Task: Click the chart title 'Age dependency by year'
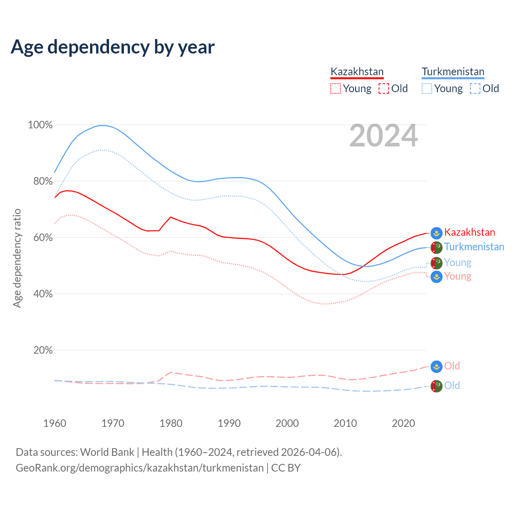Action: pyautogui.click(x=113, y=47)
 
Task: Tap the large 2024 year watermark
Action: pyautogui.click(x=383, y=136)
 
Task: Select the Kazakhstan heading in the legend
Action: pyautogui.click(x=357, y=72)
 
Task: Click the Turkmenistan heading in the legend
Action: pyautogui.click(x=453, y=72)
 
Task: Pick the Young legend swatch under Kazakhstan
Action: pyautogui.click(x=335, y=89)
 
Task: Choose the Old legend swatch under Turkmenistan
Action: pyautogui.click(x=475, y=89)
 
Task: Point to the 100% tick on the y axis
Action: pyautogui.click(x=40, y=125)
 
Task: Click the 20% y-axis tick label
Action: pyautogui.click(x=43, y=350)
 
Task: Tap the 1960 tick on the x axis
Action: pyautogui.click(x=55, y=423)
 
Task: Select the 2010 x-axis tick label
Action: pyautogui.click(x=345, y=423)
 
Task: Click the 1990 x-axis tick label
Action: pyautogui.click(x=229, y=423)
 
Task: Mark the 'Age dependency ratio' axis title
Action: pyautogui.click(x=17, y=258)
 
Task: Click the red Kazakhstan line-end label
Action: pyautogui.click(x=470, y=233)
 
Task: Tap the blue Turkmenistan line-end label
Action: pyautogui.click(x=474, y=247)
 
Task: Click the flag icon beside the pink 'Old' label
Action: pyautogui.click(x=437, y=367)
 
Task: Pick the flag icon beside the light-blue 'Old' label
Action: pyautogui.click(x=437, y=386)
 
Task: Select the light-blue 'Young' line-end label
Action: pyautogui.click(x=457, y=263)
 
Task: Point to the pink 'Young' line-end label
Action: pyautogui.click(x=457, y=276)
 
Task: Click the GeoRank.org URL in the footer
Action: pyautogui.click(x=140, y=468)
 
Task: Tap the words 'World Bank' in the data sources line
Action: pyautogui.click(x=107, y=452)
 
